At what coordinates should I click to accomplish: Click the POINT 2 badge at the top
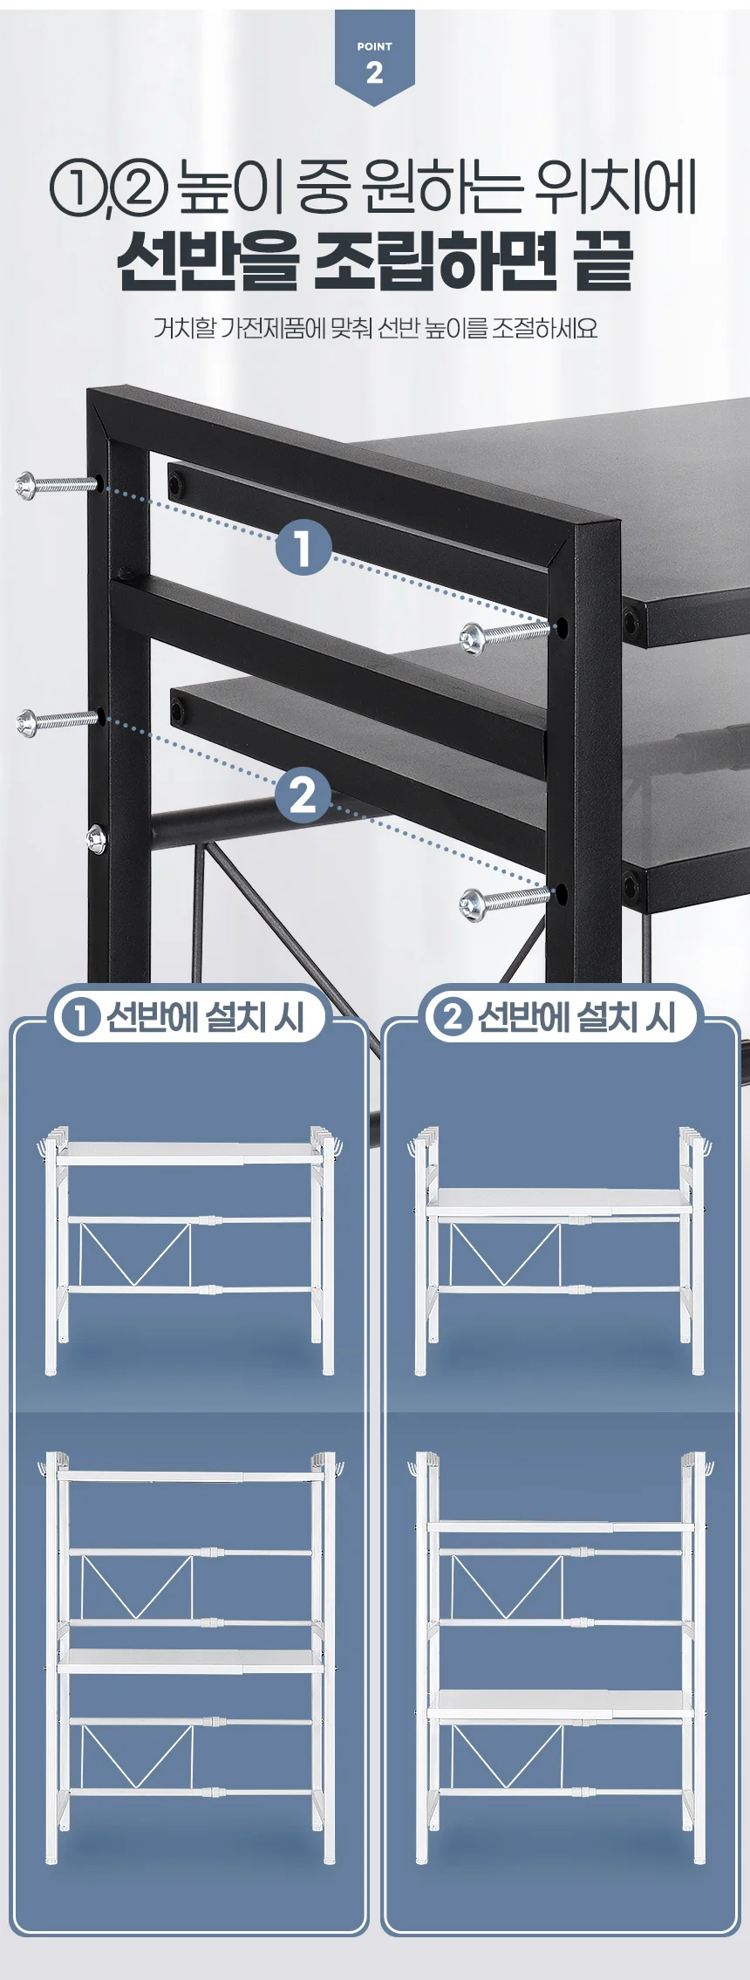point(374,57)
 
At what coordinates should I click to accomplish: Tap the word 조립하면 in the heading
point(434,261)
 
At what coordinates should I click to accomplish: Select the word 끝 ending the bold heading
point(603,261)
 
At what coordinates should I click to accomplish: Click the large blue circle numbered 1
point(303,549)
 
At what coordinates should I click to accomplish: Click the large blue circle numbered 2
point(303,795)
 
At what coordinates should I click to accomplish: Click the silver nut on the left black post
point(95,839)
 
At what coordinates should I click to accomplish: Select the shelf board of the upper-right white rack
point(559,1201)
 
